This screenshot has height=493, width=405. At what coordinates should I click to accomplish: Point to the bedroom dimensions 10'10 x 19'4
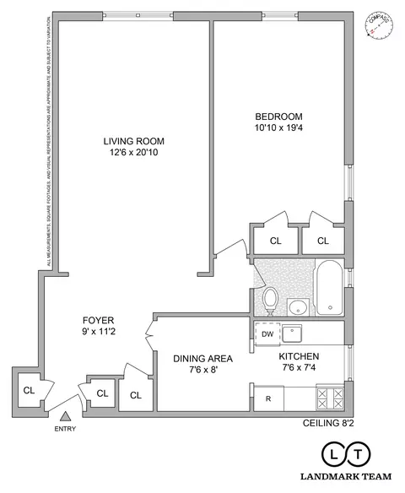[278, 128]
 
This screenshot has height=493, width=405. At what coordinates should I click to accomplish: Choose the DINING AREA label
[202, 358]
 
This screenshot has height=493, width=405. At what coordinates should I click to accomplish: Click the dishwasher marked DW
[267, 334]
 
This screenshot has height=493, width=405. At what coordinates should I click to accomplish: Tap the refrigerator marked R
[268, 398]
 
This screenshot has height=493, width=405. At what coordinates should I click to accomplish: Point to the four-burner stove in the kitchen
[329, 397]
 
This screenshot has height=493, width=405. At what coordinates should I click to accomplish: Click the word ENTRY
[65, 429]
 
